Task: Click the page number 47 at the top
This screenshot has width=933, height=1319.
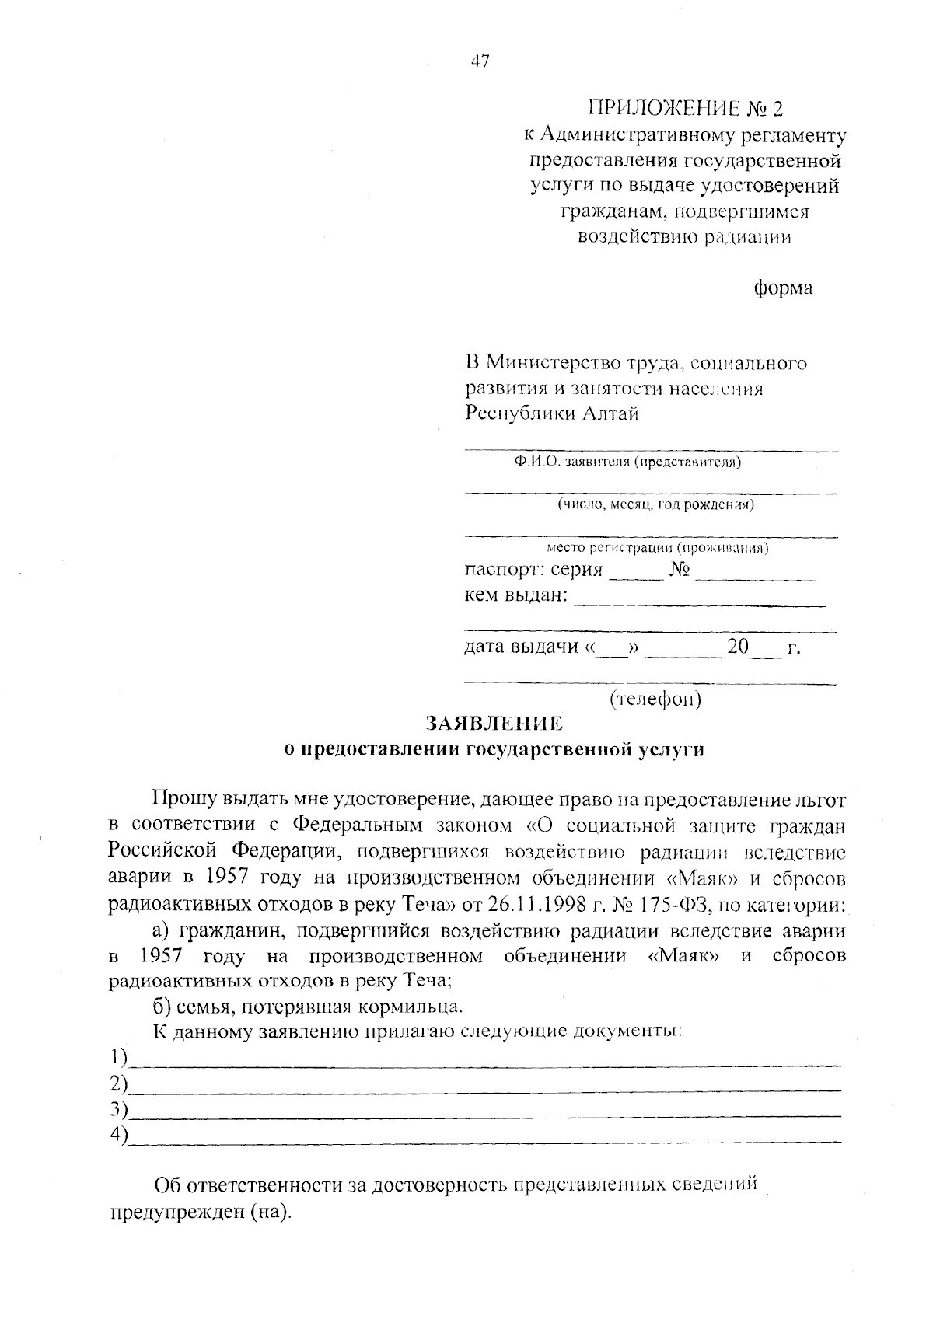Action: [x=480, y=62]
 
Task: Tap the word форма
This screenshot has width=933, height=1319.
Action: [x=783, y=288]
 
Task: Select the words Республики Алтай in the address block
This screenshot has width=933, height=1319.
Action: [x=551, y=413]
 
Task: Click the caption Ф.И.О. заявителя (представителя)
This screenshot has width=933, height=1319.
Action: [x=627, y=463]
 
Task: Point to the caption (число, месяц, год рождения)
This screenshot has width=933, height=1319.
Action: [x=655, y=505]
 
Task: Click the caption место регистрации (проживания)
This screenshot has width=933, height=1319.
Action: [x=657, y=548]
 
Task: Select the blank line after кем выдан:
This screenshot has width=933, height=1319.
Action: [x=699, y=603]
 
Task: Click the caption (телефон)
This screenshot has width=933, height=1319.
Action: [x=655, y=700]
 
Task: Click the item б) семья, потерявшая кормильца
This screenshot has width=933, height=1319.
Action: [x=308, y=1007]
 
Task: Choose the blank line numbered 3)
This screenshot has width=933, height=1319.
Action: [x=485, y=1113]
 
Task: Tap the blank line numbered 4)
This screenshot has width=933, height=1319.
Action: [x=485, y=1139]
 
